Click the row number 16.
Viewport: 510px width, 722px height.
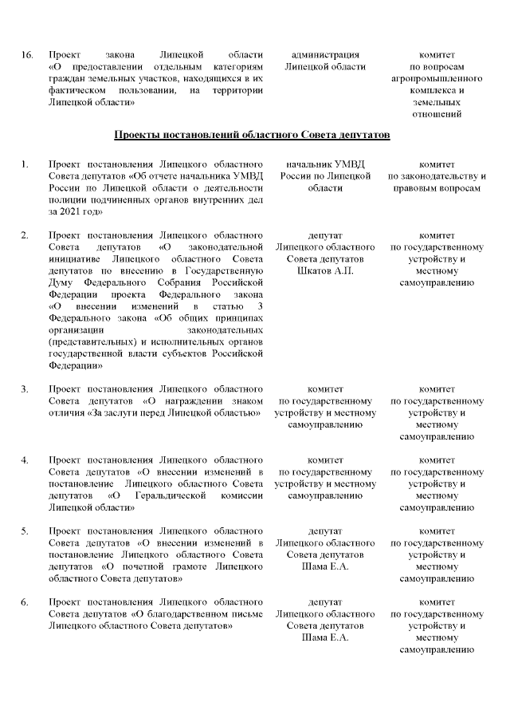point(26,55)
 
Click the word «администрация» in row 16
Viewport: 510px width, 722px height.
point(325,55)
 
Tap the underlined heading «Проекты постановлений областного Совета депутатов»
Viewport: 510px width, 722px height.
point(252,135)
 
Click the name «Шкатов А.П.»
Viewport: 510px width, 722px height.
point(325,271)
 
